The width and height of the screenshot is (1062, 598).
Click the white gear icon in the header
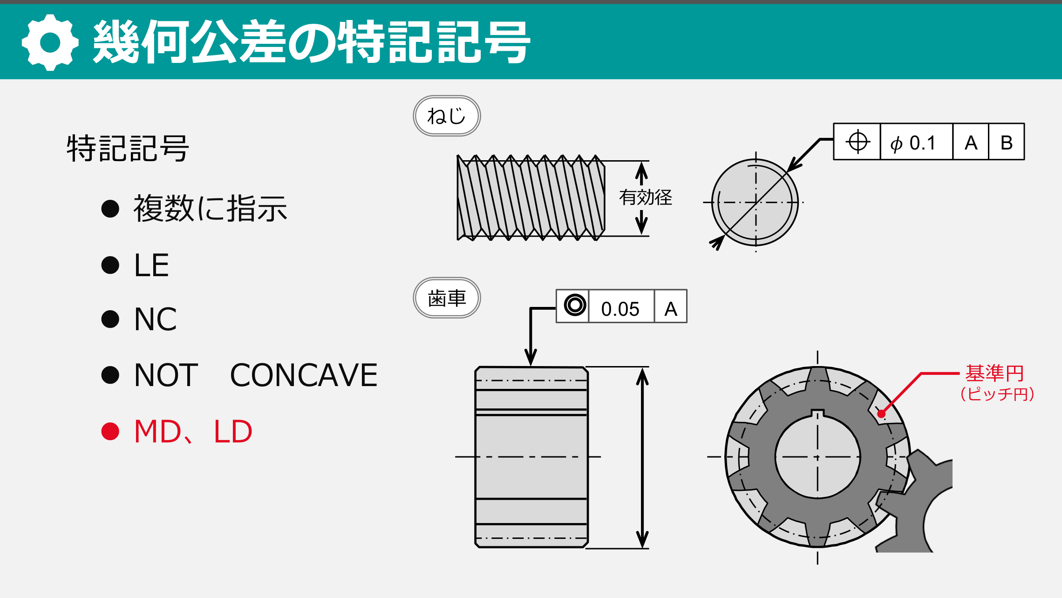click(x=50, y=42)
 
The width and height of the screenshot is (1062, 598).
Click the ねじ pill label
click(x=447, y=116)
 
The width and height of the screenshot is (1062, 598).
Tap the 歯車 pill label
click(x=447, y=298)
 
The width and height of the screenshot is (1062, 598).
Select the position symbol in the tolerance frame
click(x=858, y=142)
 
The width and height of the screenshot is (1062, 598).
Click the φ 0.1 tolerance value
click(x=913, y=143)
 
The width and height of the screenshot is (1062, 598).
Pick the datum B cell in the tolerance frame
click(x=1006, y=143)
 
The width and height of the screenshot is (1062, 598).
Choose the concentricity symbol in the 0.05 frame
click(x=575, y=306)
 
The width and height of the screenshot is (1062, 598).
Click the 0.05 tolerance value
click(x=620, y=309)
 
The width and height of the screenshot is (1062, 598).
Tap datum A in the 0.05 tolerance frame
click(x=671, y=308)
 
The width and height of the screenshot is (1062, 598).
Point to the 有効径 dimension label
click(x=646, y=197)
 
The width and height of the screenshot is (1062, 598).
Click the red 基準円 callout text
click(x=994, y=374)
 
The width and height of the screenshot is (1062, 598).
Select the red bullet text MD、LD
click(x=193, y=431)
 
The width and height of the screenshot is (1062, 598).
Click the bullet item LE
click(x=151, y=265)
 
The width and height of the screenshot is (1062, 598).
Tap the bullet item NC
click(x=156, y=319)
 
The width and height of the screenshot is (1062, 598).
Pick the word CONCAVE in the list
click(x=304, y=375)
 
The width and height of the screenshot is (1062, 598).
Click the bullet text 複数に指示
click(x=210, y=208)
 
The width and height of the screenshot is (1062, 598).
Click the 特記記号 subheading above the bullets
click(x=128, y=149)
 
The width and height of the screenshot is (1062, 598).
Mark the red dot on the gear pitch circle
click(x=881, y=414)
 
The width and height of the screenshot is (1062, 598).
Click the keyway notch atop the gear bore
click(x=817, y=414)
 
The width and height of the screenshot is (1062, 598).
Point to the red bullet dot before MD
click(x=110, y=431)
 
